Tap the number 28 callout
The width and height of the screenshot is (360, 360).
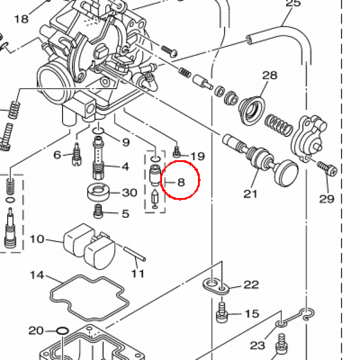[270, 75]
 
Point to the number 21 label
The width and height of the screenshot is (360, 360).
[251, 194]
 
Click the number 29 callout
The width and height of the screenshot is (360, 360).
[326, 199]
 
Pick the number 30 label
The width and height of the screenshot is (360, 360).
[129, 192]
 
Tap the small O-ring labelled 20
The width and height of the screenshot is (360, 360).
[62, 331]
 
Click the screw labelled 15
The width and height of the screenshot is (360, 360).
[222, 311]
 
